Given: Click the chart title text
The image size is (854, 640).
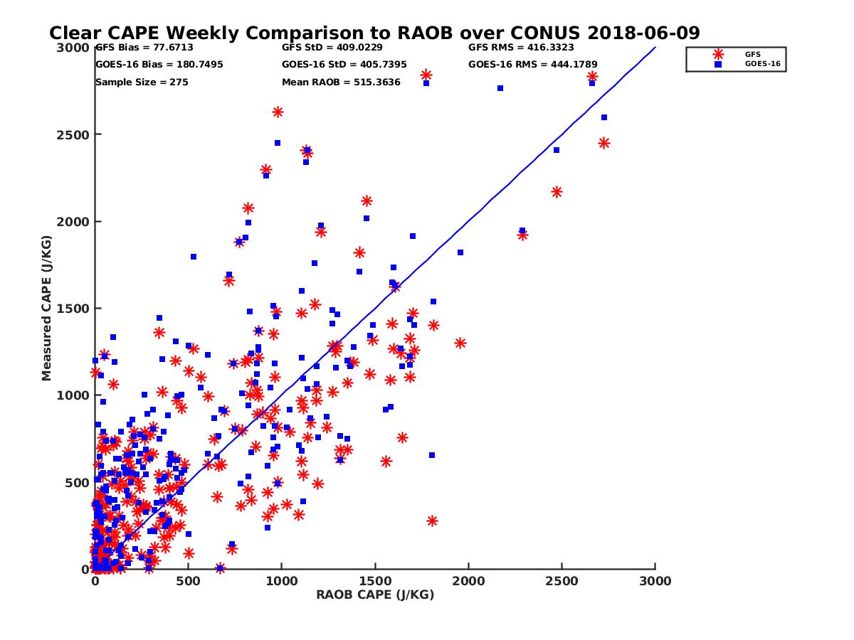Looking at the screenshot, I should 374,33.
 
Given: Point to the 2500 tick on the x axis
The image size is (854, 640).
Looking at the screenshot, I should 562,581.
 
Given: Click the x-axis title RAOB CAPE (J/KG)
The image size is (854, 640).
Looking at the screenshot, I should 375,595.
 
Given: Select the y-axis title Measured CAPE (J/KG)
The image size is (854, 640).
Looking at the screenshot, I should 47,309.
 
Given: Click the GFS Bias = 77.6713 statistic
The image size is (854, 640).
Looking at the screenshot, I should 144,48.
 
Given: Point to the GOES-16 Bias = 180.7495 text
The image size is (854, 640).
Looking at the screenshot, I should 159,64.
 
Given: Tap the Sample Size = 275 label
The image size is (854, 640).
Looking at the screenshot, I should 142,82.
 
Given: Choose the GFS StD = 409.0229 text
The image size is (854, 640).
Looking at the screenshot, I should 332,48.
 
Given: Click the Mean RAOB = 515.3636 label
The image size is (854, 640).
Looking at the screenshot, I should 341,82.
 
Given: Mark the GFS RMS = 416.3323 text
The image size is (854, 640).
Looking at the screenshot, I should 521,48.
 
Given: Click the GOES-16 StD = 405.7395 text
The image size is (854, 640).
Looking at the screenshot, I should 344,64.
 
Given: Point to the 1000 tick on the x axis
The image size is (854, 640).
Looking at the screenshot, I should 281,581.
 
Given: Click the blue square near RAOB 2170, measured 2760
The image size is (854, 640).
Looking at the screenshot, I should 500,88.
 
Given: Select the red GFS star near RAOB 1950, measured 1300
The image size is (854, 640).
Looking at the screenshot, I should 460,343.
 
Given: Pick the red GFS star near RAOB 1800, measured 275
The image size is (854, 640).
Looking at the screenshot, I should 432,521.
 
